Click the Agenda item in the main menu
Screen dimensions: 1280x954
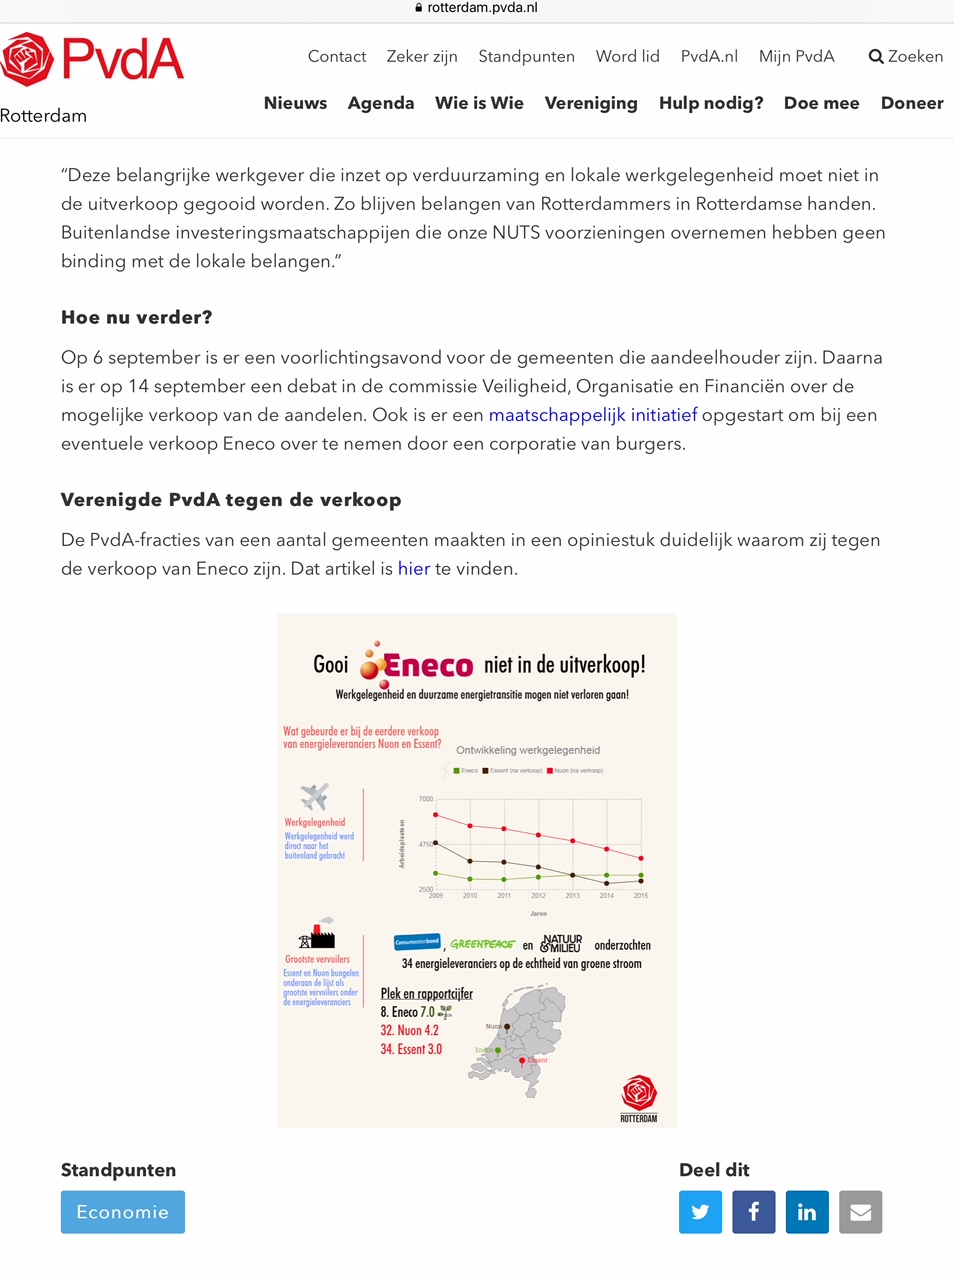(381, 103)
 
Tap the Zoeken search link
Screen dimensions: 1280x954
(906, 56)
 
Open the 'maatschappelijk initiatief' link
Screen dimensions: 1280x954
(592, 415)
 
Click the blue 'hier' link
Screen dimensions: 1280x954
(414, 569)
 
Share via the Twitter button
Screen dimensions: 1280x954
(700, 1212)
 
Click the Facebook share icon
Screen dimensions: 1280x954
(754, 1212)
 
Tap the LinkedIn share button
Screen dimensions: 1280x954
(807, 1212)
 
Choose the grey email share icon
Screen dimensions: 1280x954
(860, 1212)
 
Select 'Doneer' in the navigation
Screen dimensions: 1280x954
(912, 103)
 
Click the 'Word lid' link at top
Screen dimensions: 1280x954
(628, 56)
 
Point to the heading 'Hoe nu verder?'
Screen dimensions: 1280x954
(137, 318)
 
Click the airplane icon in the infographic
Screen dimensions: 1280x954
(314, 797)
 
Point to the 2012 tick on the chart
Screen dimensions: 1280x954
(538, 896)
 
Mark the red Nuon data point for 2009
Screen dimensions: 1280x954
(435, 815)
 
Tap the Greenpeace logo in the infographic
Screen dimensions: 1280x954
(482, 944)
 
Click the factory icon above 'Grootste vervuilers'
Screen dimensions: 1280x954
(318, 935)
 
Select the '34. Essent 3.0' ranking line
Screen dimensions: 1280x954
(411, 1049)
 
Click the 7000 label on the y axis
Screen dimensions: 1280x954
(426, 799)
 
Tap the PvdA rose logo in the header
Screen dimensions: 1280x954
(27, 59)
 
